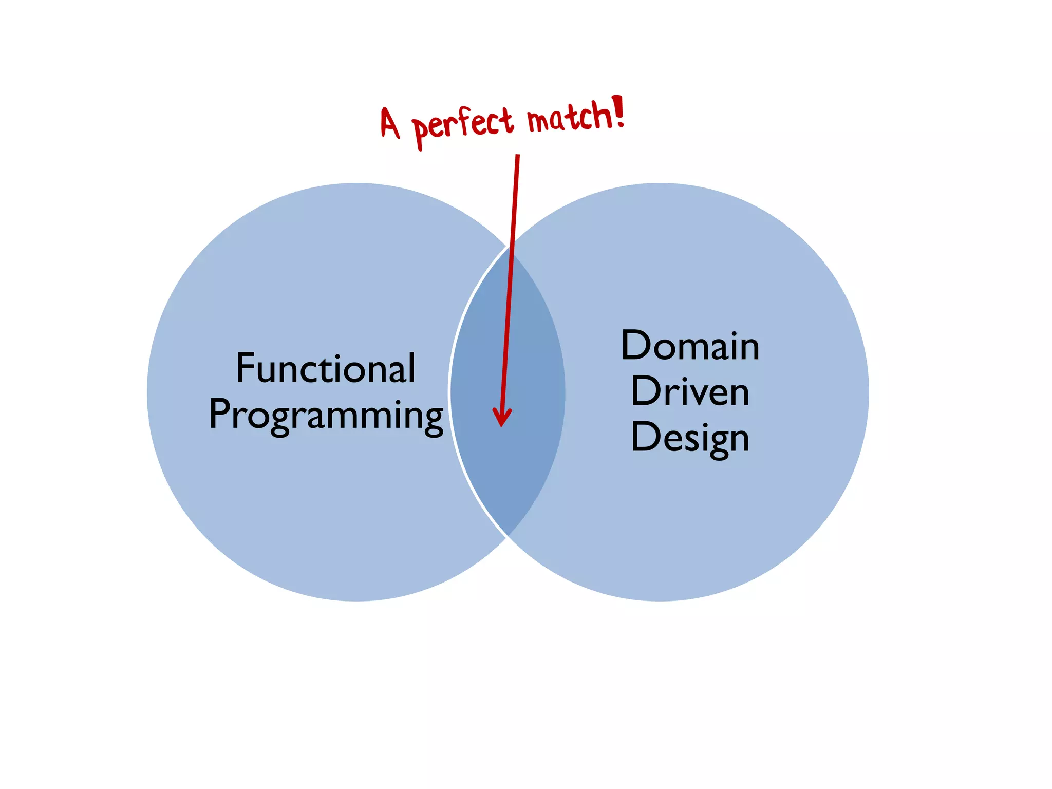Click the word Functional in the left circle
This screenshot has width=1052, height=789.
coord(326,368)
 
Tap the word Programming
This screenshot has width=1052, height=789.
coord(326,415)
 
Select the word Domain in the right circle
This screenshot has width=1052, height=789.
coord(690,345)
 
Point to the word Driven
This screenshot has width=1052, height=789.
coord(690,391)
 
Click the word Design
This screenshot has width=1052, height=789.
coord(690,438)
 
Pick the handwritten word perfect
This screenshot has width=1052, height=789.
coord(462,125)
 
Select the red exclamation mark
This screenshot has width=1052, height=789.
coord(618,110)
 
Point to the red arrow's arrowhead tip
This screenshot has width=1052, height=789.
coord(502,425)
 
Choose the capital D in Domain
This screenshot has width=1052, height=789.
coord(636,345)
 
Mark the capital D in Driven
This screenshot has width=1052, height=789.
coord(646,391)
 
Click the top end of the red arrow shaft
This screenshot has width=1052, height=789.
coord(518,156)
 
